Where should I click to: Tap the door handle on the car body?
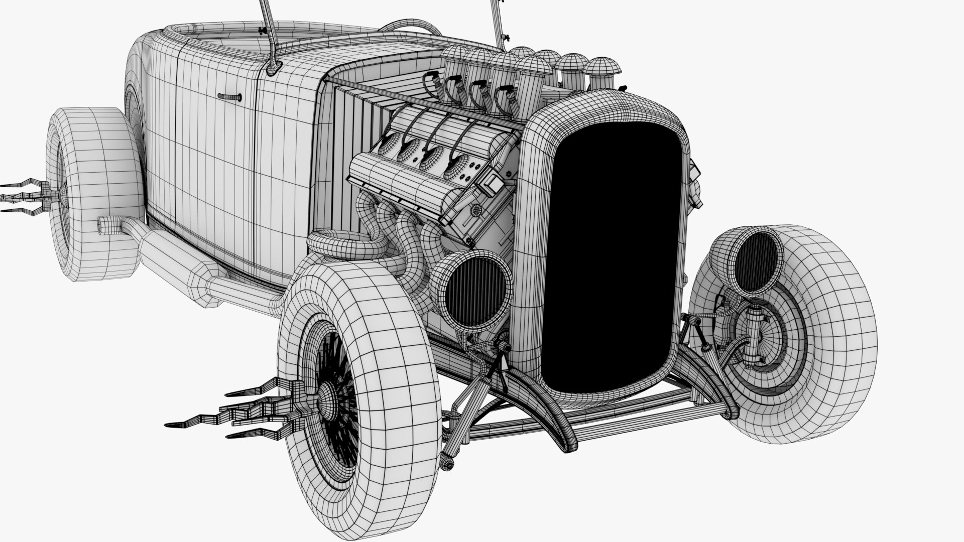coord(229,96)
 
